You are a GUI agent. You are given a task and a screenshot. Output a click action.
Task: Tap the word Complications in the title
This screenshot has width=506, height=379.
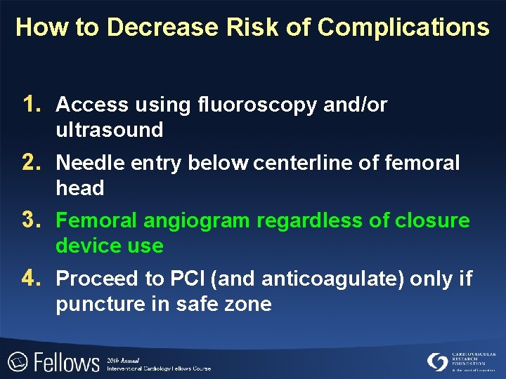(403, 27)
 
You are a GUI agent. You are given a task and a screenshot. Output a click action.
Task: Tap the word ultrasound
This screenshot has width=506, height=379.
(109, 130)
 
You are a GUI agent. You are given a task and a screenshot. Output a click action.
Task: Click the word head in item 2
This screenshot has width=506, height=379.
(79, 188)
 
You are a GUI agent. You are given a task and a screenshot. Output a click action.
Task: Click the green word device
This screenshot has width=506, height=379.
(85, 246)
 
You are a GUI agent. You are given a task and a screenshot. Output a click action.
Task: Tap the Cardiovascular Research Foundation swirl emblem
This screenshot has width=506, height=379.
(437, 361)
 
